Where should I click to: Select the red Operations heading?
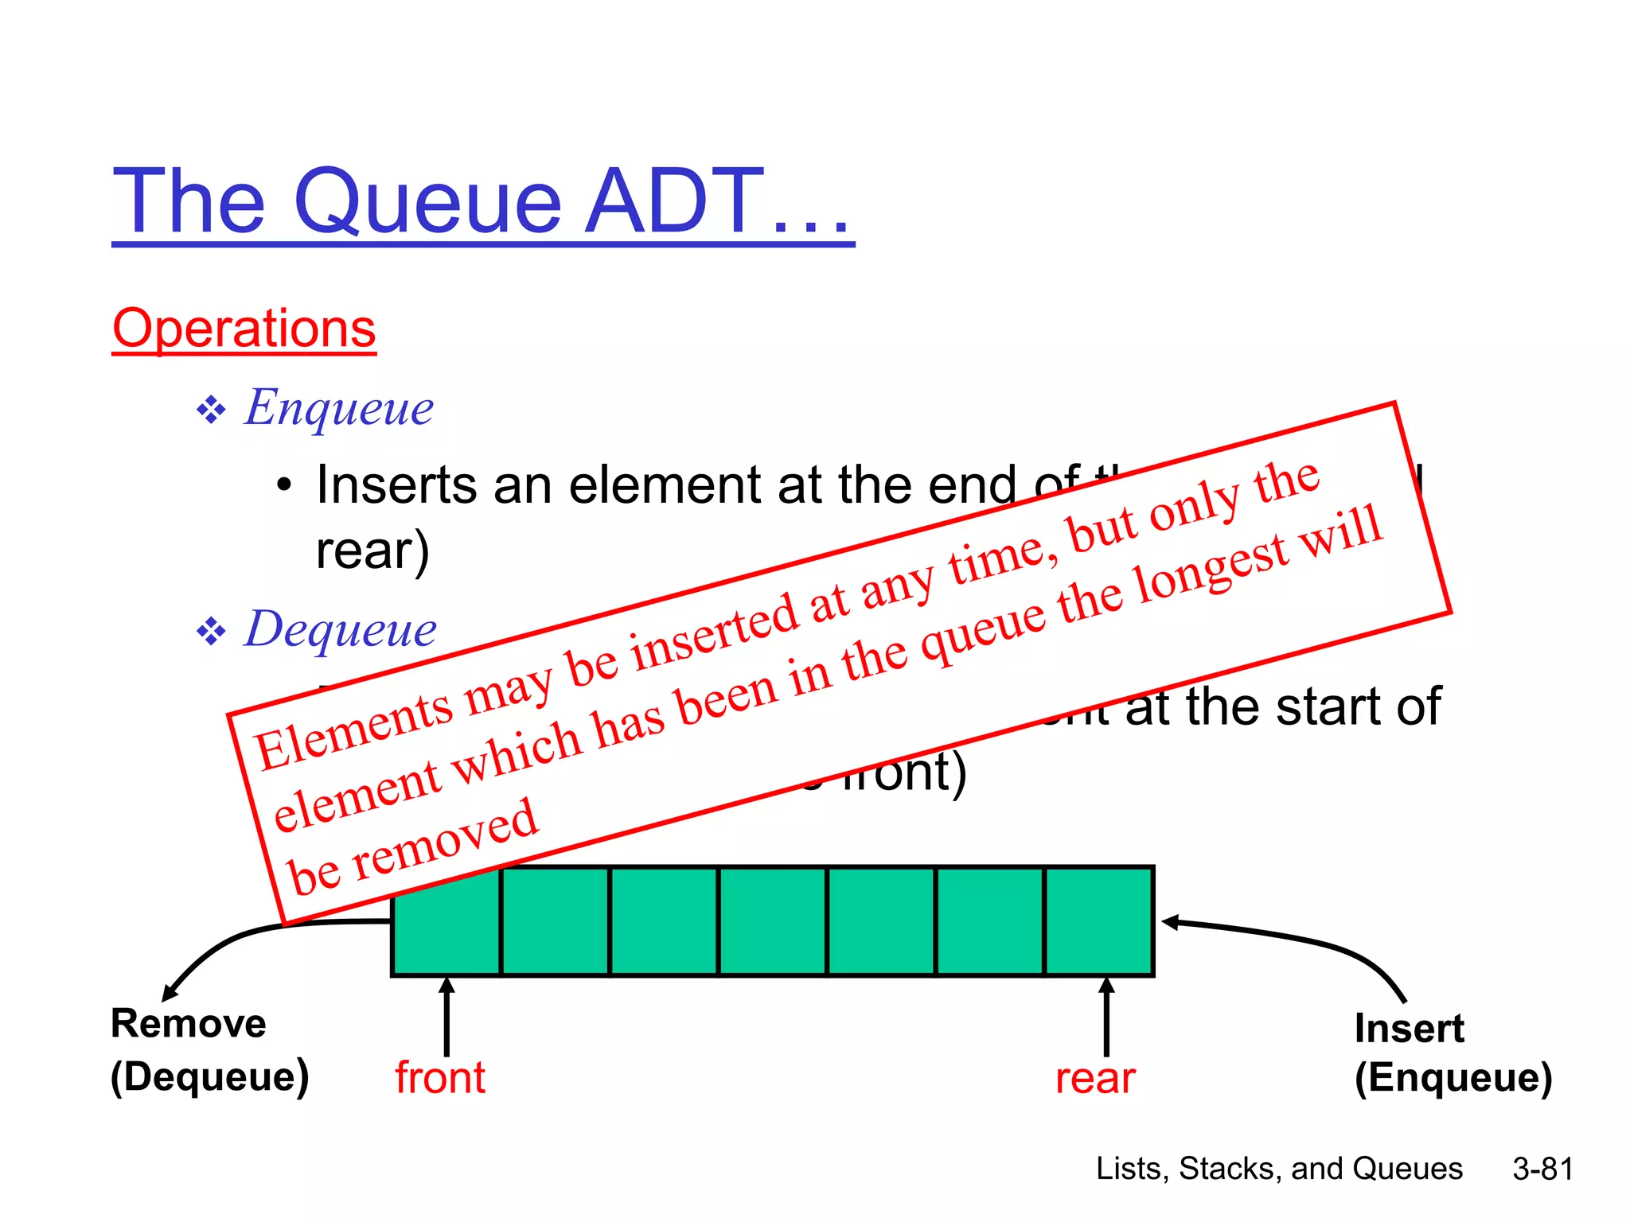pos(244,329)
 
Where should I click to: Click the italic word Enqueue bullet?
pos(338,407)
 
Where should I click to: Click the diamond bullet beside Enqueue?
pos(211,411)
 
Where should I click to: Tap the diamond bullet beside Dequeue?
pos(211,632)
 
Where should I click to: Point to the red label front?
pos(439,1078)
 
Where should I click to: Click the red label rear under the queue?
pos(1094,1079)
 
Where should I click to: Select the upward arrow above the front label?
pos(446,1017)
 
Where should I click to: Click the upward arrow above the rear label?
pos(1106,1017)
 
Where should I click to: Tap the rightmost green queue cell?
pos(1098,920)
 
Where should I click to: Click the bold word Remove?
pos(188,1023)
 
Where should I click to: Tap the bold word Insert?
pos(1409,1028)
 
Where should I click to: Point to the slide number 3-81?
pos(1542,1169)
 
